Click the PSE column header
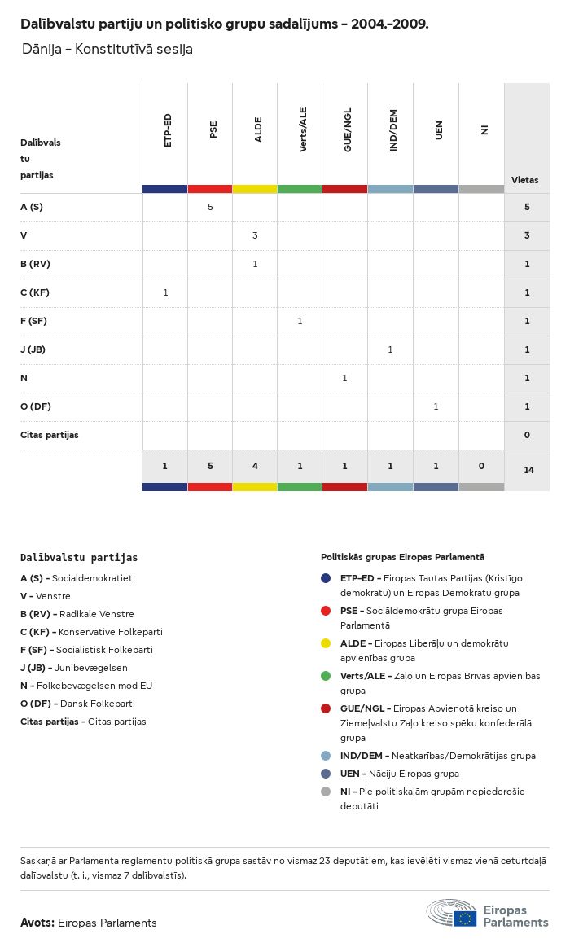[x=213, y=130]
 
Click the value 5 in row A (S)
[x=210, y=207]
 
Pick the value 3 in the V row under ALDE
[x=255, y=235]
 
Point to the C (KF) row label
[x=35, y=292]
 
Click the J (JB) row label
[x=33, y=349]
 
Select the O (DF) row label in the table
[x=36, y=406]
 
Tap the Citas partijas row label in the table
[x=50, y=435]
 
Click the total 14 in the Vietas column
[x=528, y=470]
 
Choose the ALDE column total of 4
[x=255, y=466]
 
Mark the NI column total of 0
[x=481, y=466]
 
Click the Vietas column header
[x=524, y=180]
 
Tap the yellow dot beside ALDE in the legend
[x=326, y=643]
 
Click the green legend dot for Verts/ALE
[x=326, y=676]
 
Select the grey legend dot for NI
[x=326, y=792]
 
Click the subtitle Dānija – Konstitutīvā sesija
[x=107, y=49]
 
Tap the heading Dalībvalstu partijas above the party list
[x=79, y=558]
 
